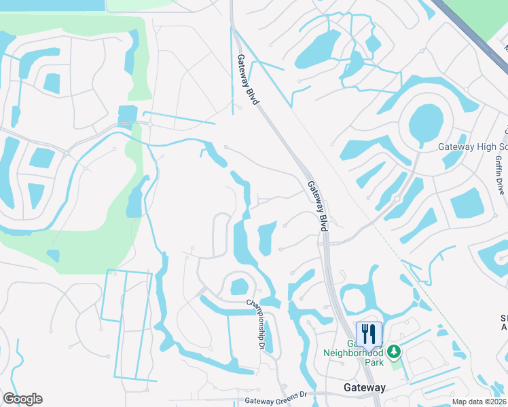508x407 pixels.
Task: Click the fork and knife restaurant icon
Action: click(x=369, y=334)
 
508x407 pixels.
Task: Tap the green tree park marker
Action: click(x=393, y=352)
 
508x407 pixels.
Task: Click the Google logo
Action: click(x=22, y=399)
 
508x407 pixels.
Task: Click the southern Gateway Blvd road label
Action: click(x=317, y=206)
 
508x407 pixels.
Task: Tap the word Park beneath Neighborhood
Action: click(x=373, y=362)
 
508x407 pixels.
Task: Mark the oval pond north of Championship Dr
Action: click(x=239, y=286)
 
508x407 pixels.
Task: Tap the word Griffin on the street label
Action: click(x=500, y=166)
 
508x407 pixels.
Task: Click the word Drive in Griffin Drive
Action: click(x=500, y=186)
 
